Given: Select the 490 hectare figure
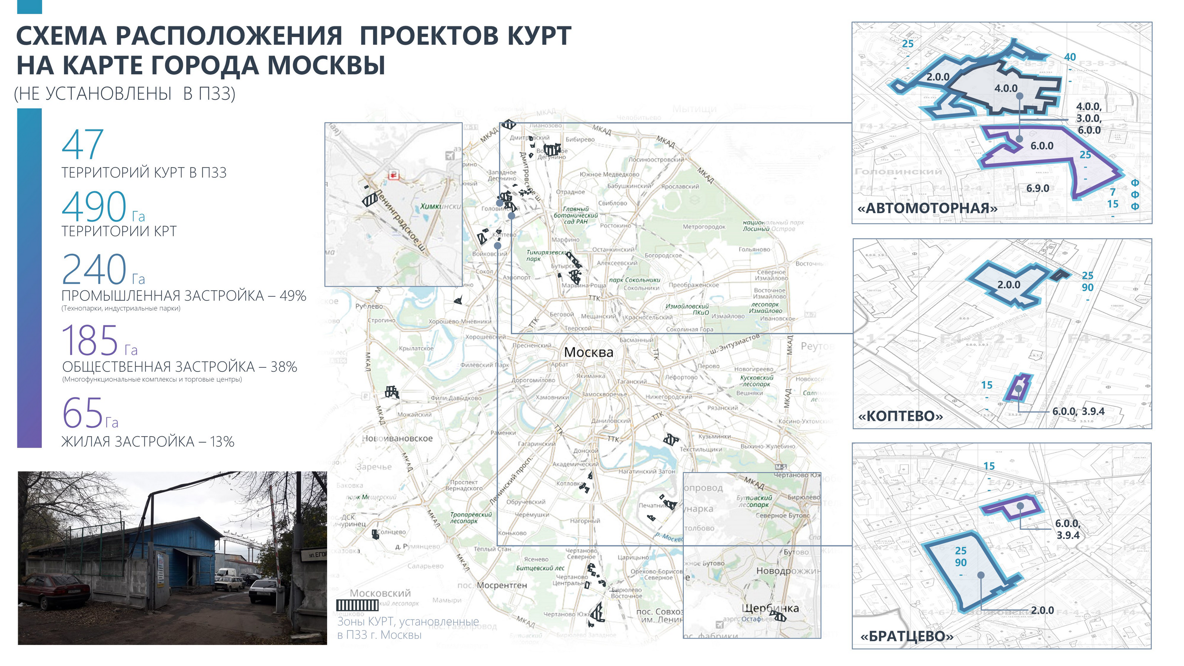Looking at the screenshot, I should point(94,207).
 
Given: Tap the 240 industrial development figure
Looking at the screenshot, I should point(94,269).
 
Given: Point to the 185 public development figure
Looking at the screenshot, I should point(90,340).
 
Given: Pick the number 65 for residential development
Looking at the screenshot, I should point(83,412).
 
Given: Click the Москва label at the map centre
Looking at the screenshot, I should point(588,353).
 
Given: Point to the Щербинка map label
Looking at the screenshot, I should point(770,608).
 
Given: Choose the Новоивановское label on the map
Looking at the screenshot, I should point(398,438).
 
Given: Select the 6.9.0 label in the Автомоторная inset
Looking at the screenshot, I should point(1037,188).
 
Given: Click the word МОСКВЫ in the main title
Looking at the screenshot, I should point(326,65).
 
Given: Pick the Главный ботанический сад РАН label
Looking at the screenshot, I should point(575,215).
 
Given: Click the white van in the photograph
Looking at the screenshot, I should point(226,573).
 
